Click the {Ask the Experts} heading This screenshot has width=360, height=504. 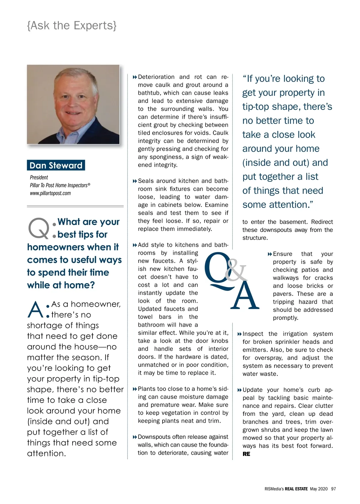(72, 26)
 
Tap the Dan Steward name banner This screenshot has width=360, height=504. (56, 165)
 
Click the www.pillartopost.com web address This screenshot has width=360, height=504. (50, 193)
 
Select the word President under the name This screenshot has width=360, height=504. (39, 177)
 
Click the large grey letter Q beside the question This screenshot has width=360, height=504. (38, 229)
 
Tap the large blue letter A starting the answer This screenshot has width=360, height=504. (35, 310)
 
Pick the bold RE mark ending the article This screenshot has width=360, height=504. (246, 454)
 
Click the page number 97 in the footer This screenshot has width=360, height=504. (333, 489)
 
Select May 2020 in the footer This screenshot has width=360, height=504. (319, 489)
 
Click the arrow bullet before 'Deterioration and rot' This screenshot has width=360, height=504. (135, 77)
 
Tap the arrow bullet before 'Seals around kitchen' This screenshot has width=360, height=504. (135, 181)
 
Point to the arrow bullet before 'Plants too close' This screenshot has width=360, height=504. (135, 389)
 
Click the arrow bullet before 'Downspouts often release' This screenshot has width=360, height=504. (135, 437)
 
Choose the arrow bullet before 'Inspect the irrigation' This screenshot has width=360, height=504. (239, 334)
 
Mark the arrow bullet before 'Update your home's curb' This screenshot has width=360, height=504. (239, 390)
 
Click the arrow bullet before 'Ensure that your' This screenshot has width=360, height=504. (270, 254)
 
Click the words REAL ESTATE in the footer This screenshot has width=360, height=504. (296, 489)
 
